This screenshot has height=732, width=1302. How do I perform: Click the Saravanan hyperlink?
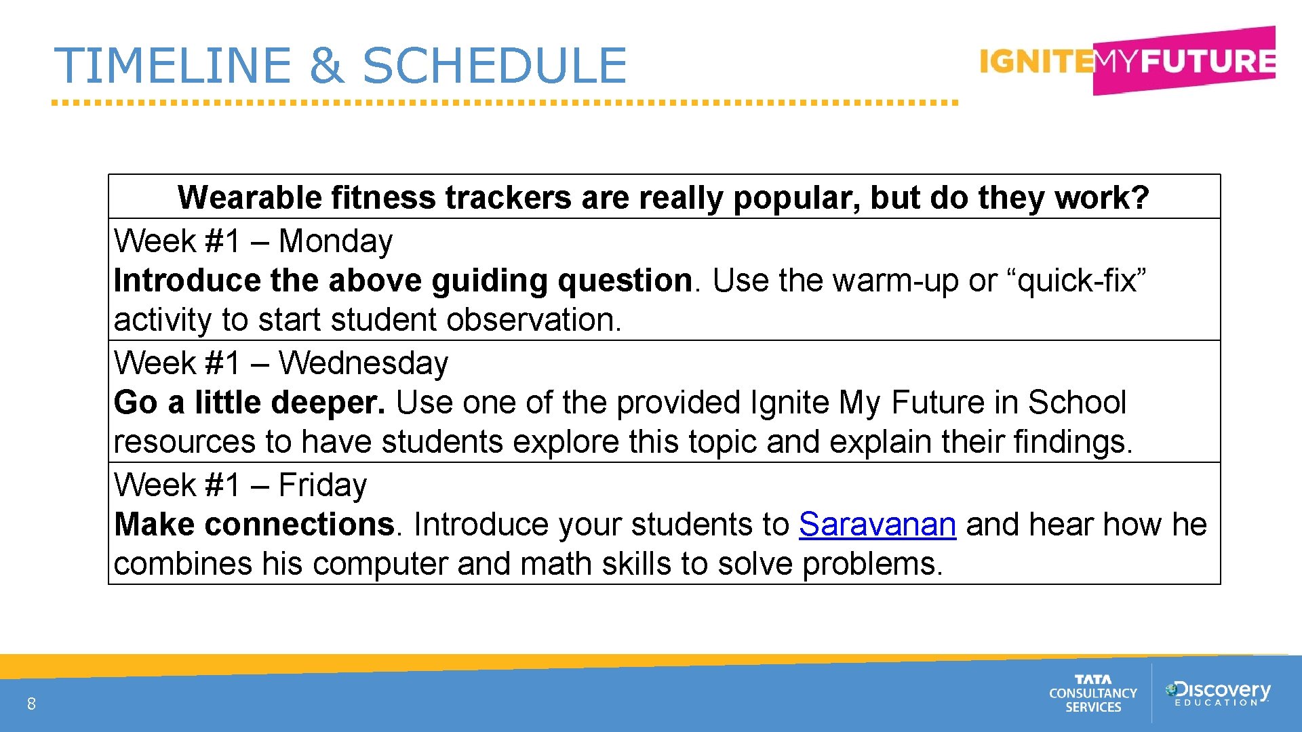pyautogui.click(x=877, y=525)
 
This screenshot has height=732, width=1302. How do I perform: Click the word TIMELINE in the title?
pyautogui.click(x=172, y=66)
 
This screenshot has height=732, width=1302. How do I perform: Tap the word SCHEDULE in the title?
pyautogui.click(x=495, y=66)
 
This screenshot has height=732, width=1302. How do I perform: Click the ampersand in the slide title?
pyautogui.click(x=327, y=66)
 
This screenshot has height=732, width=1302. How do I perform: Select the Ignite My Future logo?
pyautogui.click(x=1127, y=62)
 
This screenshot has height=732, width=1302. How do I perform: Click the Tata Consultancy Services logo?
pyautogui.click(x=1092, y=693)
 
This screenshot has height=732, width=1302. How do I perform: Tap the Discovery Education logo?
pyautogui.click(x=1217, y=693)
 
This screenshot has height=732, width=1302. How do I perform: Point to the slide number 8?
pyautogui.click(x=31, y=704)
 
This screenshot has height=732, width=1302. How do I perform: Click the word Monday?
pyautogui.click(x=336, y=241)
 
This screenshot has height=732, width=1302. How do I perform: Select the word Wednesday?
pyautogui.click(x=363, y=363)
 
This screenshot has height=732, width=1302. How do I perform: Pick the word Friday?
pyautogui.click(x=323, y=485)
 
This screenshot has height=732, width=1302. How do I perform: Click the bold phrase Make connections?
pyautogui.click(x=254, y=525)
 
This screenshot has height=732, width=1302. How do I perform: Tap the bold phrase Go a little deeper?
pyautogui.click(x=249, y=403)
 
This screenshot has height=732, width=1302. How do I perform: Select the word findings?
pyautogui.click(x=1072, y=442)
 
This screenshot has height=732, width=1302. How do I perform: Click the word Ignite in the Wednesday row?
pyautogui.click(x=790, y=403)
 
